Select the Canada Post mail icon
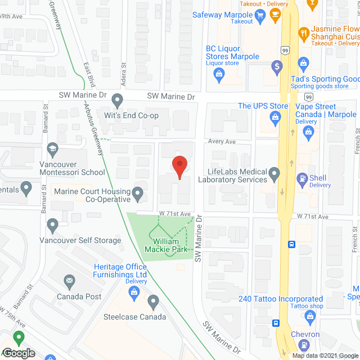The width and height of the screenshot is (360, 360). click(69, 281)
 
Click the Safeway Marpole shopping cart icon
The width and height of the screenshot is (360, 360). click(259, 17)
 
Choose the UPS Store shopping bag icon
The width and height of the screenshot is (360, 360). click(275, 116)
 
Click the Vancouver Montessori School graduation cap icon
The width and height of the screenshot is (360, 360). click(53, 149)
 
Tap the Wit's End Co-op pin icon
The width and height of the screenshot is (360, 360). click(117, 101)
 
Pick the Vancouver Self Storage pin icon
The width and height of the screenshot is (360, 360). click(53, 227)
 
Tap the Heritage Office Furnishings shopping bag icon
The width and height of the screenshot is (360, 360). click(134, 291)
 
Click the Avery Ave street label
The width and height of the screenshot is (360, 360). click(222, 142)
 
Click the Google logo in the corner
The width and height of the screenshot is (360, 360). click(18, 353)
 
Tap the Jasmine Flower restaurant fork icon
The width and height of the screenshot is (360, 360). click(303, 33)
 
